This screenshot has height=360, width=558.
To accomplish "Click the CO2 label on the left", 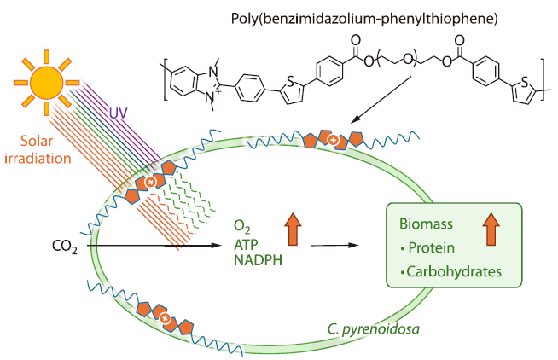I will click(66, 248).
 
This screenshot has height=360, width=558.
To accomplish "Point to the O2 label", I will click(241, 226).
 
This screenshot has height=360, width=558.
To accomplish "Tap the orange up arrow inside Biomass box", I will click(490, 229).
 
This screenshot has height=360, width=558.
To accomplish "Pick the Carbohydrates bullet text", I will click(450, 272).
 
